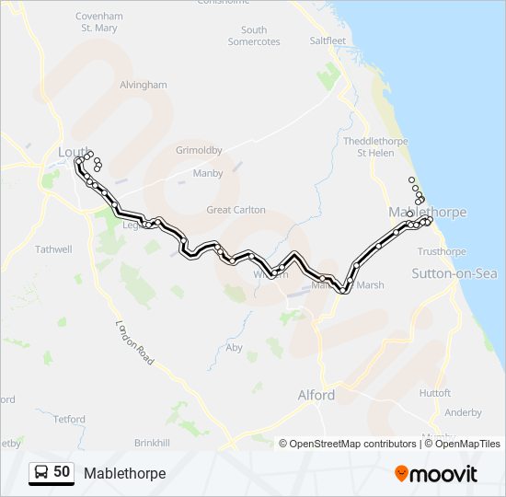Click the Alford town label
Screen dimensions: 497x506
tap(316, 395)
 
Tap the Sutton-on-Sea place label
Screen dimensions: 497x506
tap(454, 273)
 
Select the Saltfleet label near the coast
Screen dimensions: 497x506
tap(328, 40)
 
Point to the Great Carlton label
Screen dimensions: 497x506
tap(236, 210)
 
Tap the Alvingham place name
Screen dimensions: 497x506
tap(144, 85)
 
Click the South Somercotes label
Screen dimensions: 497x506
tap(254, 36)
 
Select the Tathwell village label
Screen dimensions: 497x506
tap(52, 248)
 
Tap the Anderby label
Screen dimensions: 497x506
tap(462, 413)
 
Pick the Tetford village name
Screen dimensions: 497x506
tap(68, 419)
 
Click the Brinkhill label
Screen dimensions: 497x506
tap(151, 443)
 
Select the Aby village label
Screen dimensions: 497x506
tap(234, 347)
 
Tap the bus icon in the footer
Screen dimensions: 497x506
tap(42, 472)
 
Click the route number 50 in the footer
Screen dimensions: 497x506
tap(62, 472)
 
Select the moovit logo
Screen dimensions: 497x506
tap(436, 473)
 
